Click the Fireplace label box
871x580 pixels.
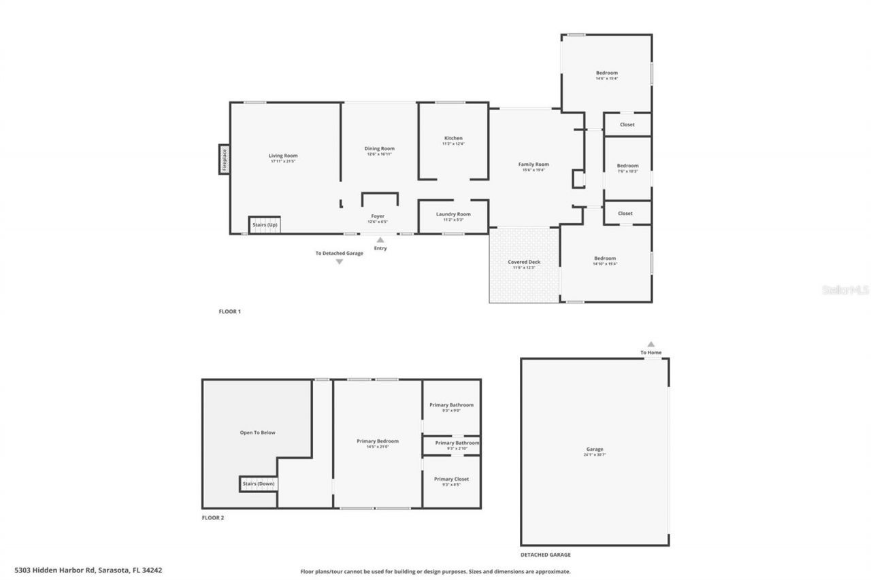[224, 159]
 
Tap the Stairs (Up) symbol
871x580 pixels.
[265, 225]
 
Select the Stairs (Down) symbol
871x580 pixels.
[258, 483]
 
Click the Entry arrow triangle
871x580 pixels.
[380, 239]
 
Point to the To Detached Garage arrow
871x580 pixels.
[339, 262]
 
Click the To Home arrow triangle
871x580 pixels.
[651, 344]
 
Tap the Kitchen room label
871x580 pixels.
[453, 138]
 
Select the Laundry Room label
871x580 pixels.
[453, 214]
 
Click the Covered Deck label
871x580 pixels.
[524, 262]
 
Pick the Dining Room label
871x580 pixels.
[379, 148]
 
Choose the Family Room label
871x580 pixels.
[533, 164]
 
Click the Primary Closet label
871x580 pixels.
[451, 479]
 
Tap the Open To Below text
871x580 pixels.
[257, 432]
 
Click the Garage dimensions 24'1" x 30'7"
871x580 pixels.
[595, 454]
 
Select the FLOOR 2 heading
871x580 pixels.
[213, 517]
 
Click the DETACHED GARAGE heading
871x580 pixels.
[546, 555]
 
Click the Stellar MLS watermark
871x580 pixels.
[845, 290]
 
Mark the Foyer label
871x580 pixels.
[377, 216]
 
